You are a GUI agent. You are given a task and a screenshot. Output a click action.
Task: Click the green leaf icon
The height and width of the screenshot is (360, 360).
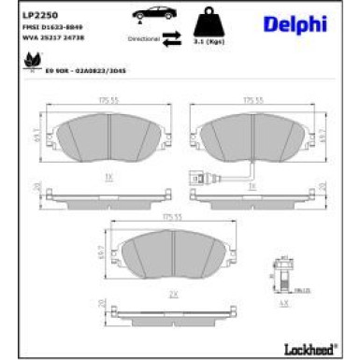point(22,63)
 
